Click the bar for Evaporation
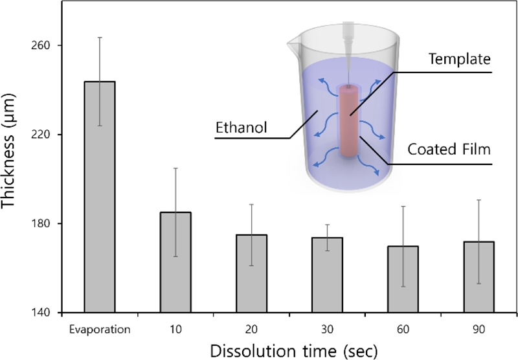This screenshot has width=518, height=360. pos(100,197)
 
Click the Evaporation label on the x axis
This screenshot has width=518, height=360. pos(100,328)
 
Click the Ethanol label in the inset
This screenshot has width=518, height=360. pos(240,128)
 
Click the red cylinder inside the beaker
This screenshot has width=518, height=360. pos(350,123)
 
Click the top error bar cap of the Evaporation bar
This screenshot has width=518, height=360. pos(100,38)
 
